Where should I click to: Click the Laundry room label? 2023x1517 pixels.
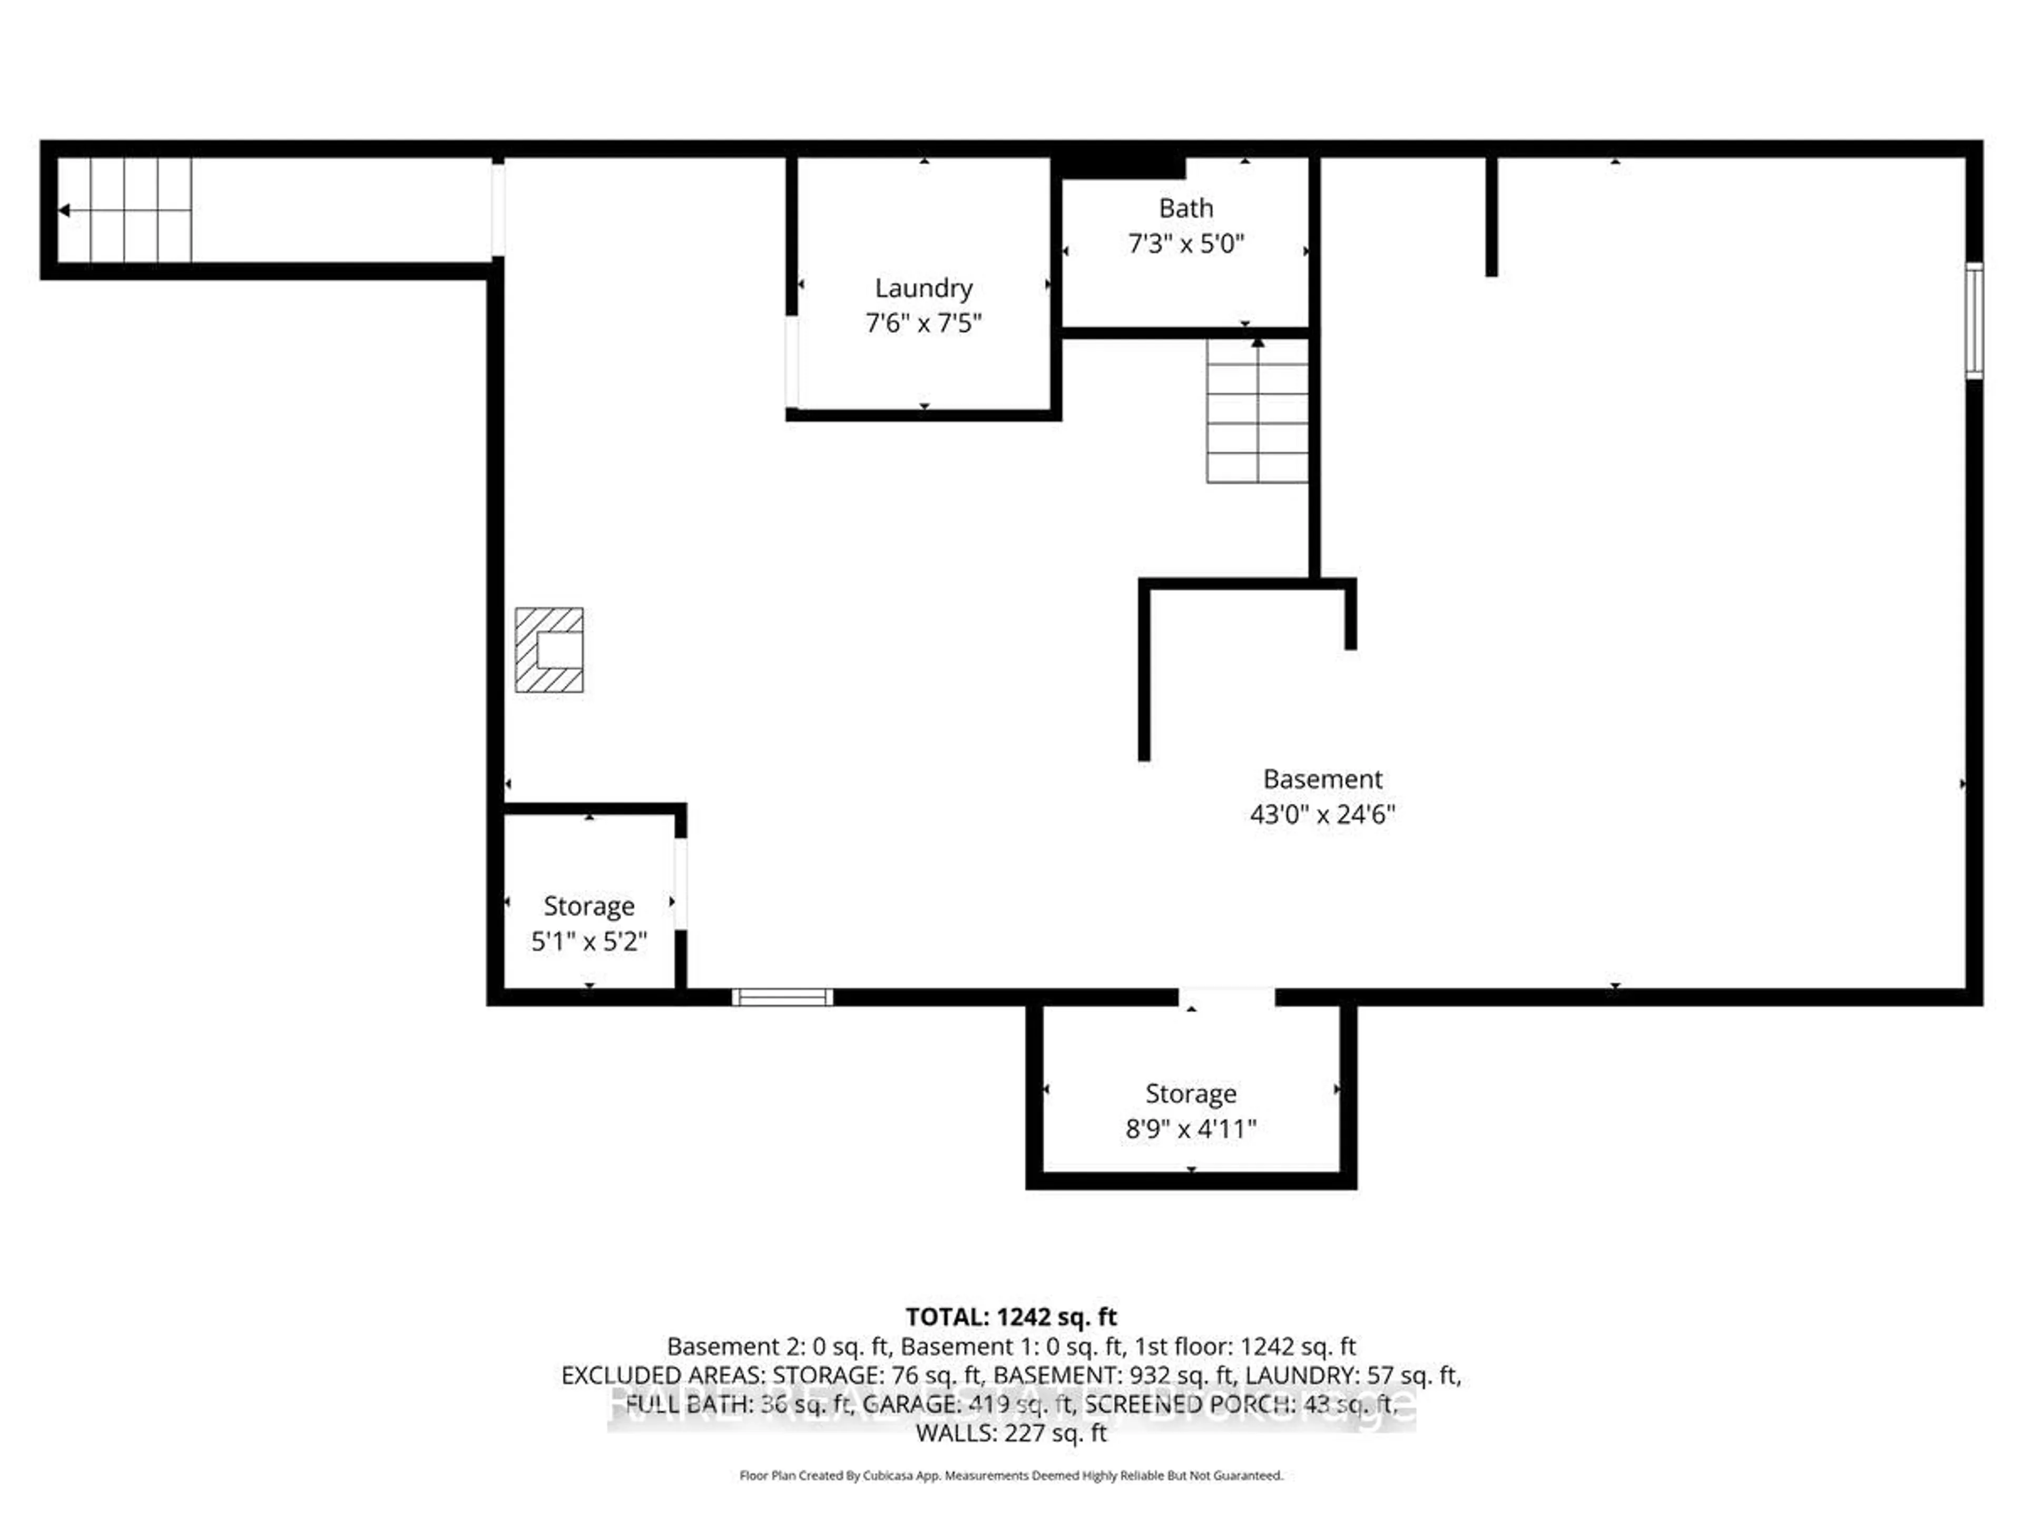(923, 288)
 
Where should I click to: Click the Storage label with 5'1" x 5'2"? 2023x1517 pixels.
(589, 906)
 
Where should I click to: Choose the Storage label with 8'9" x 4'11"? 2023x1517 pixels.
(1191, 1094)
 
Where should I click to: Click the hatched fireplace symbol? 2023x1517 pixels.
(549, 650)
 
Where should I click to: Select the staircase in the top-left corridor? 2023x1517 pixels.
(125, 210)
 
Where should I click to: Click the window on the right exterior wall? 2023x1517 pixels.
(1973, 320)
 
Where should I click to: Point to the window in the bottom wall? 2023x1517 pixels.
(782, 997)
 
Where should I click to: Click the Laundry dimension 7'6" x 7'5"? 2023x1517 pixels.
(923, 323)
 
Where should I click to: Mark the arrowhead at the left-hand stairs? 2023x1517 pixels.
(64, 210)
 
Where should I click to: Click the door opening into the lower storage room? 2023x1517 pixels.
(1225, 997)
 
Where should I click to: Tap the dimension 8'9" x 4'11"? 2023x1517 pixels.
(1191, 1129)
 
